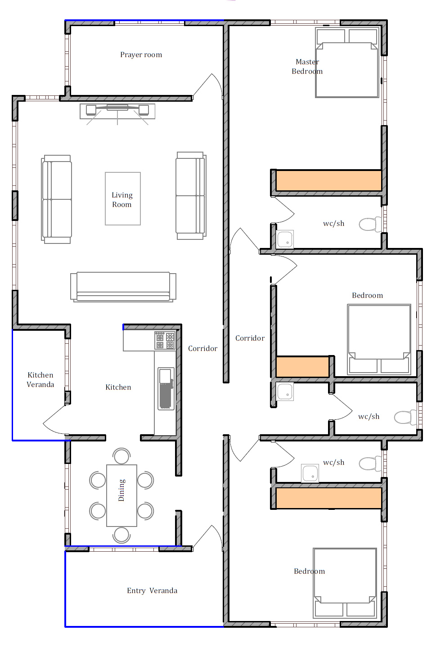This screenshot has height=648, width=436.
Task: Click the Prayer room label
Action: point(141,55)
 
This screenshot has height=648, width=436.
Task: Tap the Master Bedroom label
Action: point(307,67)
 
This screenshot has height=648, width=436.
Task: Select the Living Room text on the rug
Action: point(122,200)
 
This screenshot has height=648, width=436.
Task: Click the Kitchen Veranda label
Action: point(40,379)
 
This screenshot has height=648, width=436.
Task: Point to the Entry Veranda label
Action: point(152,590)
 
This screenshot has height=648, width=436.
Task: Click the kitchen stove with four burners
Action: point(165,341)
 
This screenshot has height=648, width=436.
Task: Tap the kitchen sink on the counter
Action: point(166,388)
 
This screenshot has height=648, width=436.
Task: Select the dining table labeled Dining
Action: point(121,495)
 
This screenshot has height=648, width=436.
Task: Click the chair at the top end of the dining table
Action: point(122,456)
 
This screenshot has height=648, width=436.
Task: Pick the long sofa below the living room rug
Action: point(123,287)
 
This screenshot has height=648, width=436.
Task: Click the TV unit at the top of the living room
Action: point(117,111)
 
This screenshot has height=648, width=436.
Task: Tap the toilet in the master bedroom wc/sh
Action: point(370,224)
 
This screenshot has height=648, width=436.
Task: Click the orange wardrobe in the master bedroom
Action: point(328,180)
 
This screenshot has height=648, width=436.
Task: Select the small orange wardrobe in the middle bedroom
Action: point(302,366)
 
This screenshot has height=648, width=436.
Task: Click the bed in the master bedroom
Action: point(347,63)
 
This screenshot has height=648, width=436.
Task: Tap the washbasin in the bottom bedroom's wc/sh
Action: point(310,473)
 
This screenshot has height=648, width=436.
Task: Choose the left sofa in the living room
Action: point(56,199)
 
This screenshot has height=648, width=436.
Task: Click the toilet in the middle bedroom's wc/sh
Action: point(405,417)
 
